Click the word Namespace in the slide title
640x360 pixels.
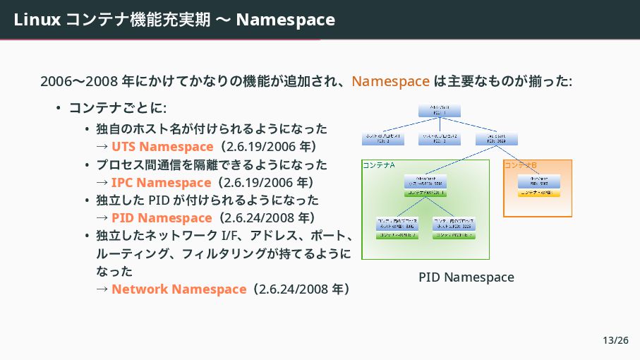click(x=285, y=20)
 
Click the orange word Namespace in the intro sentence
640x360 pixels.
click(x=390, y=81)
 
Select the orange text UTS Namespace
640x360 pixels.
click(x=162, y=147)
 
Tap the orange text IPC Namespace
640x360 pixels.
click(x=160, y=183)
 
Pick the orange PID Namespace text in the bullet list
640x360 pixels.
click(x=161, y=218)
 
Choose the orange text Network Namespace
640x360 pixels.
click(x=178, y=289)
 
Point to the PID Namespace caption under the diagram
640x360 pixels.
click(x=466, y=277)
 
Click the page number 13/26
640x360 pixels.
click(x=615, y=341)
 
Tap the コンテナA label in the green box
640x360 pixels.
click(x=378, y=165)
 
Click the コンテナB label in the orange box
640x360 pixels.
click(x=520, y=165)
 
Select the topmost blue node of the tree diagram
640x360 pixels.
click(x=439, y=110)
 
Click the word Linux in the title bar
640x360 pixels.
click(x=37, y=20)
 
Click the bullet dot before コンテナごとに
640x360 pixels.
click(x=59, y=109)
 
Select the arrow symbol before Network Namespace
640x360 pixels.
click(x=102, y=289)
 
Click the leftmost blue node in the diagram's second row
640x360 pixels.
click(x=383, y=138)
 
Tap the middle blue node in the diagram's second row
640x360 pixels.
click(x=439, y=138)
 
